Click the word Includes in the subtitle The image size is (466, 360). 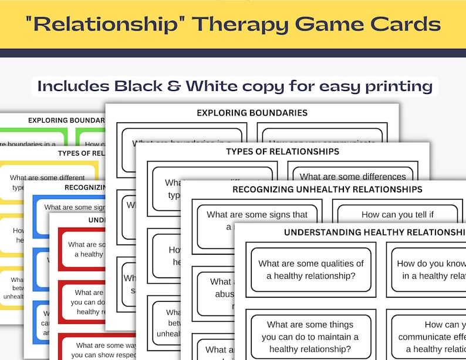click(73, 86)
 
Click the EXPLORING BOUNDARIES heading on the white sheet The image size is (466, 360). click(252, 113)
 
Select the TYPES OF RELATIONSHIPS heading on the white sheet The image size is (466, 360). click(282, 152)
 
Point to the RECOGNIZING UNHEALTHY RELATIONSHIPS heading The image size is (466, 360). click(327, 189)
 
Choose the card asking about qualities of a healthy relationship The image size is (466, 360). click(311, 270)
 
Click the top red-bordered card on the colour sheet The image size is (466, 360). click(82, 250)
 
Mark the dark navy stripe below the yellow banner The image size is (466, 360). click(233, 53)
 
